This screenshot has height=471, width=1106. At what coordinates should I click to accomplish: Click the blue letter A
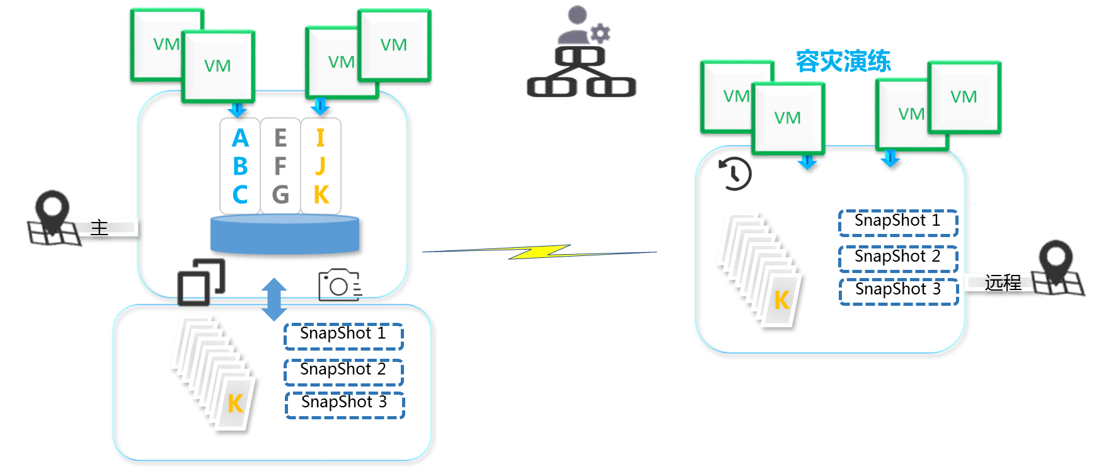(240, 138)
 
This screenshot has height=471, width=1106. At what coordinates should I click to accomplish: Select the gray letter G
(280, 195)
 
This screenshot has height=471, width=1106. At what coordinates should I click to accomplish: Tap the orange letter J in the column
(320, 166)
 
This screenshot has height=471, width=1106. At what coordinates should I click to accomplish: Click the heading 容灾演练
(843, 61)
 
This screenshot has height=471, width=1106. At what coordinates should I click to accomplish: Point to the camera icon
(340, 284)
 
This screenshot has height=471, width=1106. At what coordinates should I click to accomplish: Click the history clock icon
(735, 173)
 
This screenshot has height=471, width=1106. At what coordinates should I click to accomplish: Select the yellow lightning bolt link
(540, 252)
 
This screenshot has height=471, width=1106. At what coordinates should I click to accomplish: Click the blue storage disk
(285, 235)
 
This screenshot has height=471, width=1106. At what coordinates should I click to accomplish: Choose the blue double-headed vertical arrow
(274, 299)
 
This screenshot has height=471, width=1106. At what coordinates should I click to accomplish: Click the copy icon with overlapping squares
(201, 282)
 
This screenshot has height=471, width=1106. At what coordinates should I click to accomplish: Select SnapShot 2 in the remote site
(898, 257)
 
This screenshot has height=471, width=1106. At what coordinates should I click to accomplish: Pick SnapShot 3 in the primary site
(344, 403)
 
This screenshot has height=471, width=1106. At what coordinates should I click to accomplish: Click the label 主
(100, 228)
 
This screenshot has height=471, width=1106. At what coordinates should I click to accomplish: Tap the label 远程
(1003, 282)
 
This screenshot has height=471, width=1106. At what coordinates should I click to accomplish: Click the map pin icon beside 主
(52, 218)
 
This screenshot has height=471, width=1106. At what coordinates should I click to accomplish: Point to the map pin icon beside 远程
(1057, 267)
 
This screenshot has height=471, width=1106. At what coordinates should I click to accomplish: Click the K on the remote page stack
(781, 301)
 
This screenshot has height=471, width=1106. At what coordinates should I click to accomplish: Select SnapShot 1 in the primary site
(343, 334)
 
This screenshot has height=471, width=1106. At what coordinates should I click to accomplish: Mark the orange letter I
(320, 138)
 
